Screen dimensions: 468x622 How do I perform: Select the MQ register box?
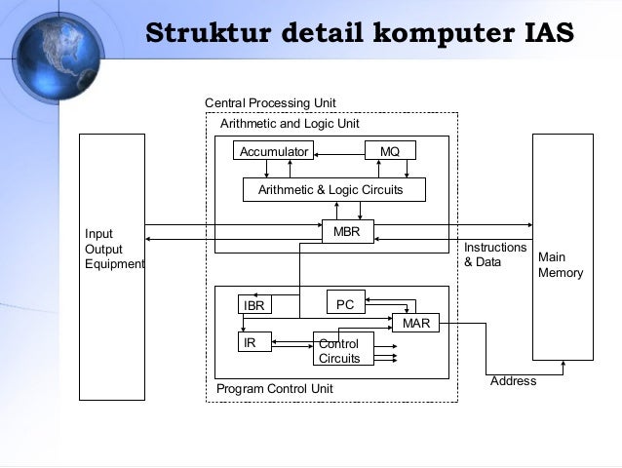[389, 151]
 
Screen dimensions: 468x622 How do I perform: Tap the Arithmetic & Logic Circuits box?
[333, 190]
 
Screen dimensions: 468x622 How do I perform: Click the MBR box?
[347, 233]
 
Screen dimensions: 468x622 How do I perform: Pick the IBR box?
[254, 305]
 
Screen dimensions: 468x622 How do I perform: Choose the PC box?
[345, 304]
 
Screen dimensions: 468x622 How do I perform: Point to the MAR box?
[415, 323]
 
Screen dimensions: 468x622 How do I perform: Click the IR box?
[255, 343]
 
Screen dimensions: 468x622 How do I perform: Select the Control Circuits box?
[339, 351]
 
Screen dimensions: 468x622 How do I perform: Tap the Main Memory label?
[561, 265]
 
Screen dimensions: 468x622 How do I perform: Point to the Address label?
[513, 381]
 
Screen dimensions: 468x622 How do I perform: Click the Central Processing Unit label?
[270, 103]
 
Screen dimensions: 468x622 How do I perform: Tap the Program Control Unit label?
[275, 388]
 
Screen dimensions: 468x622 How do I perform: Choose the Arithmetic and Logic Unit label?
[291, 125]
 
